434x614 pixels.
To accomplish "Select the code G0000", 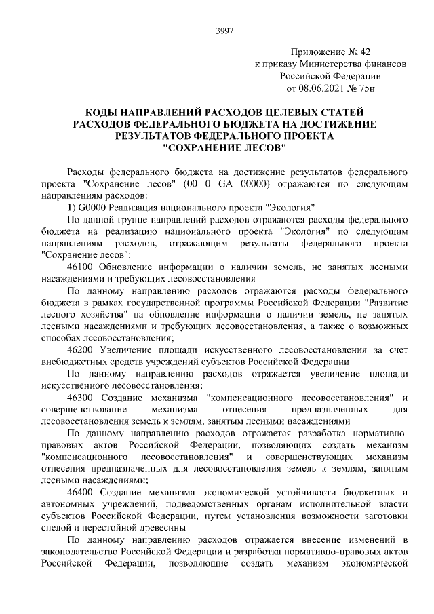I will click(x=92, y=208).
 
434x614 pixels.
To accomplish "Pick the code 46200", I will click(x=81, y=349).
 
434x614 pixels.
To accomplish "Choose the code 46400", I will click(x=81, y=491).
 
